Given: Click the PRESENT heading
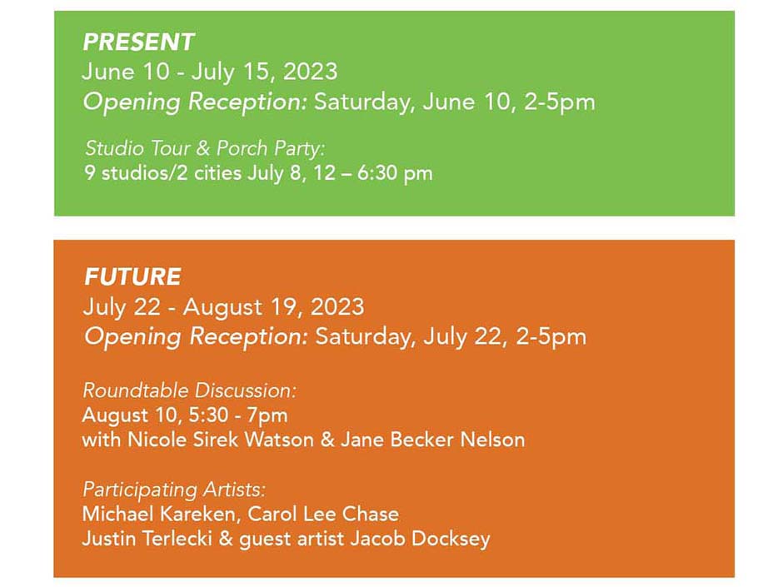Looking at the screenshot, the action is click(138, 42).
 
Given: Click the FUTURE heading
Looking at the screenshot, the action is click(132, 276).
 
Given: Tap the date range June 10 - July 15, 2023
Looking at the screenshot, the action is click(210, 72).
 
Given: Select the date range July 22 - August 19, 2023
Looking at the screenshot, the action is click(223, 306).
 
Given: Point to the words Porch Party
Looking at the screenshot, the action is click(270, 148).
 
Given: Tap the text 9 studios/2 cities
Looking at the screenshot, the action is click(162, 172).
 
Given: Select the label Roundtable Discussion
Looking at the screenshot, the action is click(188, 391).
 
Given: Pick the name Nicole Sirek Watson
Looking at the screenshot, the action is click(221, 440).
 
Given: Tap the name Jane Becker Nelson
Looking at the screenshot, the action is click(432, 440).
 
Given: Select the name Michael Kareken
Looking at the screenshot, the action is click(158, 514).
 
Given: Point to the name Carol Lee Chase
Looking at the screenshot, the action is click(323, 514).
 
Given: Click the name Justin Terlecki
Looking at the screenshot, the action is click(147, 539).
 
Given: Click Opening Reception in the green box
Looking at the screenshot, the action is click(194, 102).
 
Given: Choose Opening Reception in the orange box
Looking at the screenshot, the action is click(195, 336).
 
